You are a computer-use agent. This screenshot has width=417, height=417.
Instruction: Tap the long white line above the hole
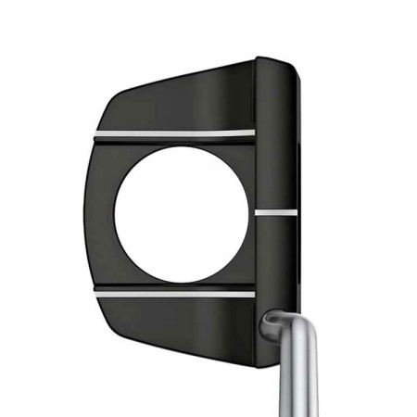pos(175,137)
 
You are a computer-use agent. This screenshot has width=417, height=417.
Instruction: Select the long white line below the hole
pos(175,293)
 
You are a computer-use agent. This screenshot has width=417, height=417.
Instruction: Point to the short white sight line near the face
pos(276,211)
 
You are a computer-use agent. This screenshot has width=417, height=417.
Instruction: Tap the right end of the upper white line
pos(252,133)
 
